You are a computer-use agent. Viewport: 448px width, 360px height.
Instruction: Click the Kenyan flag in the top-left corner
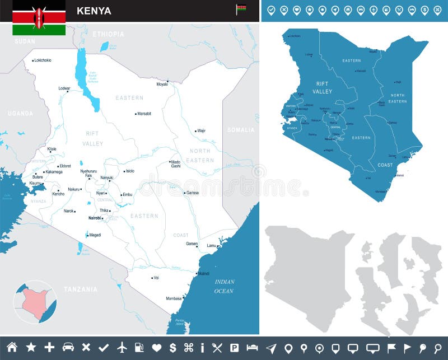[x=39, y=17]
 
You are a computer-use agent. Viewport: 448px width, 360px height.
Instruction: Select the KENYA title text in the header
[x=94, y=11]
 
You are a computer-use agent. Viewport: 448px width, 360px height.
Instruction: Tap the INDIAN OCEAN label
[x=224, y=286]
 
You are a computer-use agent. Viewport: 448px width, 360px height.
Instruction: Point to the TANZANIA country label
[x=80, y=289]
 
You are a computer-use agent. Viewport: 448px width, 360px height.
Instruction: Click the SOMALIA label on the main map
[x=240, y=130]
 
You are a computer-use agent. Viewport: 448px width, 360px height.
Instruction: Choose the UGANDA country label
[x=20, y=113]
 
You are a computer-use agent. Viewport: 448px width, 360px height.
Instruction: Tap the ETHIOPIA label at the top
[x=108, y=34]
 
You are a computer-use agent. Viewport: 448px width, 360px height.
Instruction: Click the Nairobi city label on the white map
[x=94, y=217]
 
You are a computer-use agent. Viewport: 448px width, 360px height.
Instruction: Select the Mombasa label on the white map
[x=174, y=298]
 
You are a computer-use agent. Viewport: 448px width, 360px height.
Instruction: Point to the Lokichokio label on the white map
[x=43, y=60]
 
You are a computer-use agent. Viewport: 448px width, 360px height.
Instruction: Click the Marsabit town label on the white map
[x=144, y=114]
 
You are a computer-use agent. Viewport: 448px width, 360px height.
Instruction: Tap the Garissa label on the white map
[x=193, y=193]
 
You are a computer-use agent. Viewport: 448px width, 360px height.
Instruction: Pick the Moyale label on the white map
[x=162, y=85]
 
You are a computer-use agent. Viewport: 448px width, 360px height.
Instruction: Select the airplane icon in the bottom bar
[x=123, y=348]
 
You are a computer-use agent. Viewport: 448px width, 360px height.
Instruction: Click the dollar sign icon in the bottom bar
[x=172, y=348]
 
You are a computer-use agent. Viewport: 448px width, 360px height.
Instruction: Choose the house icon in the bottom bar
[x=12, y=347]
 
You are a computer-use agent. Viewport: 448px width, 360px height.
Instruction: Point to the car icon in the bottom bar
[x=68, y=348]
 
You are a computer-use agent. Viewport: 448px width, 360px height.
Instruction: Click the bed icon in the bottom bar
[x=252, y=348]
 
